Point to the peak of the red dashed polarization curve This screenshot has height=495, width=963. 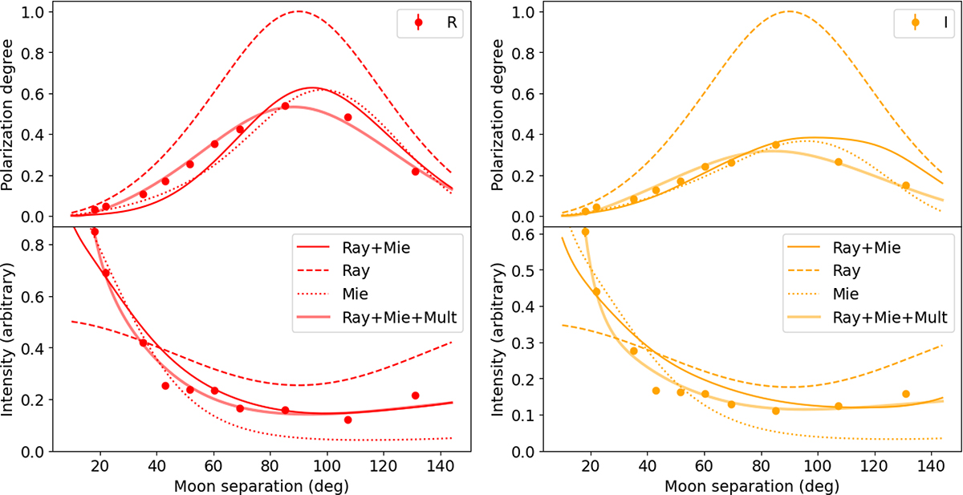click(298, 11)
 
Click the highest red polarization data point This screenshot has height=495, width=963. click(285, 106)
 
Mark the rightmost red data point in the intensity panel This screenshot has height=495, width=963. click(415, 396)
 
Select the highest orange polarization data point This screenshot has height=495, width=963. click(776, 145)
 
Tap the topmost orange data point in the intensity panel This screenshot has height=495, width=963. click(585, 232)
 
